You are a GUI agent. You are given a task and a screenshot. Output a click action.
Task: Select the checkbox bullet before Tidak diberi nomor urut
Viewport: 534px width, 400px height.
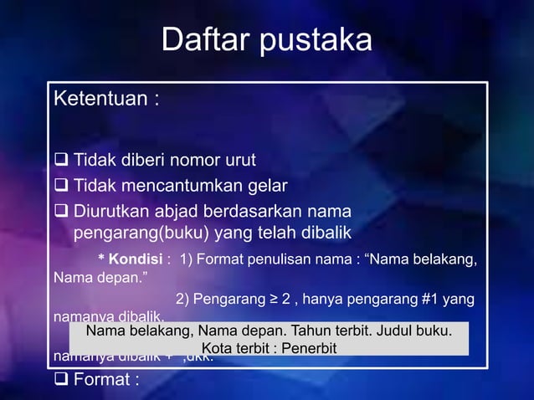[62, 160]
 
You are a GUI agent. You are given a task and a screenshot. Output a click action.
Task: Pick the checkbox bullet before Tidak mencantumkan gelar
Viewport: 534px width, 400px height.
[62, 185]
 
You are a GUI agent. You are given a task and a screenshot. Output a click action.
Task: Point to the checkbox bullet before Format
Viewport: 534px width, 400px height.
[62, 381]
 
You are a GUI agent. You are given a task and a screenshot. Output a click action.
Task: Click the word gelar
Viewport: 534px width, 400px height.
[266, 185]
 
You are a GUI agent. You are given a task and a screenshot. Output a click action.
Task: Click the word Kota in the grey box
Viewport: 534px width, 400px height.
[216, 347]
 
